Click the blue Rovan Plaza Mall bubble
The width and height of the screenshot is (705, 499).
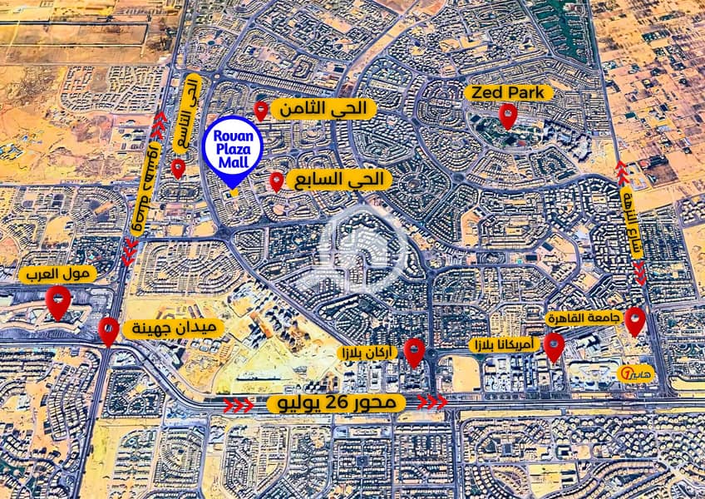tap(234, 149)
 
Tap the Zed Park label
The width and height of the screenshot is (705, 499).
tap(509, 92)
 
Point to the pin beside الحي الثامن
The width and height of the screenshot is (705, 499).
tap(261, 110)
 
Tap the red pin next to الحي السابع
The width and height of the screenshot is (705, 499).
tap(277, 181)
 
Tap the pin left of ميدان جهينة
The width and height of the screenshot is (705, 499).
tap(108, 330)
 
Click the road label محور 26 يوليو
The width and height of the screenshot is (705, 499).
tap(337, 403)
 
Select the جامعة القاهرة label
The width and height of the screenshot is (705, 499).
tap(579, 319)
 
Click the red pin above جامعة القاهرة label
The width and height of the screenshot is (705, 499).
tap(635, 320)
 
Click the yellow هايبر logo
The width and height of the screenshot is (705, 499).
tap(637, 370)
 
